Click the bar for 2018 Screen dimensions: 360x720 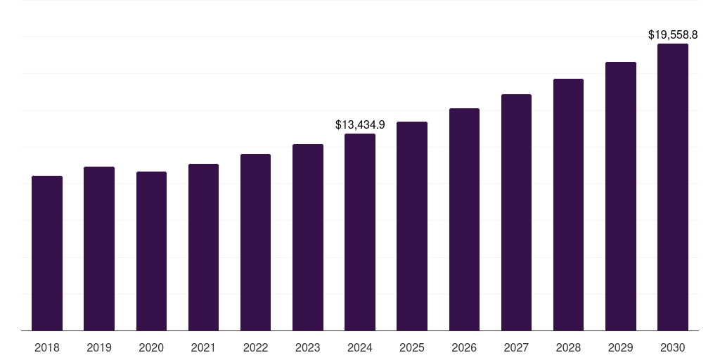(x=47, y=253)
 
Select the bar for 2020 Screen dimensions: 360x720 (x=151, y=251)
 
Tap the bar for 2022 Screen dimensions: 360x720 (x=255, y=243)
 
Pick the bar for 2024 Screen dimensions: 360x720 (x=360, y=232)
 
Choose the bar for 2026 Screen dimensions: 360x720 (x=464, y=219)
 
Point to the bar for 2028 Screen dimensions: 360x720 (x=568, y=205)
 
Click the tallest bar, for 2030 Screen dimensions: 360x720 (x=672, y=187)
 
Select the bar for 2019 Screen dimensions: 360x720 (x=99, y=248)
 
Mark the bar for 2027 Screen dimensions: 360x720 (x=516, y=212)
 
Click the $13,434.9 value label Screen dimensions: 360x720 (x=360, y=125)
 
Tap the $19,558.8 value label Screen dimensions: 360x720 (x=672, y=34)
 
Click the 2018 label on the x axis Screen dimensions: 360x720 (x=47, y=347)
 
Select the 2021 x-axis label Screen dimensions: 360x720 (x=203, y=347)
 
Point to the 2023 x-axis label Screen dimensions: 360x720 (x=307, y=347)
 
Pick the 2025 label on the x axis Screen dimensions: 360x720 (x=412, y=347)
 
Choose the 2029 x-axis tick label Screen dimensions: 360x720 (x=620, y=347)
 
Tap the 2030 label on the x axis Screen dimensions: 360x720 (x=672, y=347)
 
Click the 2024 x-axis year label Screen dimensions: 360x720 (x=360, y=347)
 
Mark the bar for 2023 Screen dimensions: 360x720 (x=307, y=238)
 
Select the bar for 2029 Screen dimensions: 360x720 (x=620, y=196)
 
